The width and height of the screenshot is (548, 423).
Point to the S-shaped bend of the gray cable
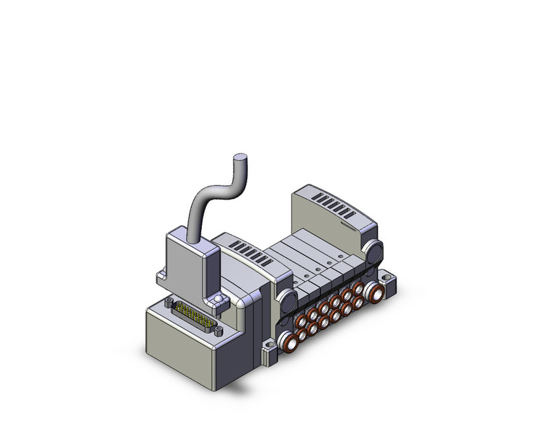click(x=213, y=191)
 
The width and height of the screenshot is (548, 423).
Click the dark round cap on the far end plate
click(x=374, y=252)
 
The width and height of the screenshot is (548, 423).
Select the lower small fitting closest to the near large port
click(x=301, y=331)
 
